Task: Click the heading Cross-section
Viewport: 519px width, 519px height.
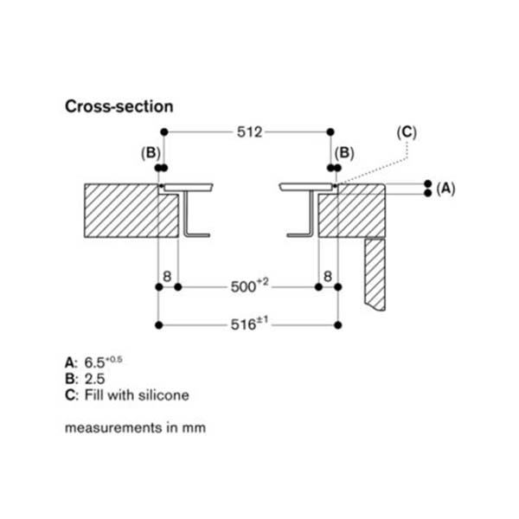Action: click(x=119, y=106)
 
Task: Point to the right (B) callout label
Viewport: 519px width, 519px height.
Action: click(x=344, y=152)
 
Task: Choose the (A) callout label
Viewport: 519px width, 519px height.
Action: click(x=445, y=188)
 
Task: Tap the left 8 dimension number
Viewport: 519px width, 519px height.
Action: click(x=167, y=278)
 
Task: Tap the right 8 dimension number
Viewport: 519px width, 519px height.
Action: click(x=327, y=278)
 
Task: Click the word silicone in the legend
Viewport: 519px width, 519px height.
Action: click(x=160, y=395)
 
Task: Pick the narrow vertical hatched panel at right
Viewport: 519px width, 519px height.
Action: click(x=375, y=272)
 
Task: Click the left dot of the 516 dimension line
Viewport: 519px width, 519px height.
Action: click(x=157, y=325)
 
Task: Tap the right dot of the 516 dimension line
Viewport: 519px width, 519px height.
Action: click(x=336, y=325)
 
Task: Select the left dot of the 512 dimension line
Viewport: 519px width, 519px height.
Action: click(x=164, y=132)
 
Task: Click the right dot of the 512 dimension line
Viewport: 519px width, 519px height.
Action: click(x=330, y=132)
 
